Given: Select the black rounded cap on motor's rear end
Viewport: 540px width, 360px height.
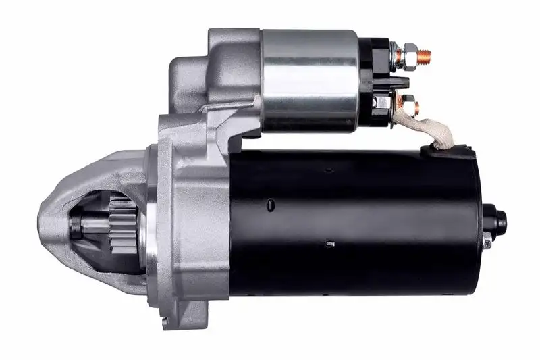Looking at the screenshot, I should (x=500, y=220).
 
